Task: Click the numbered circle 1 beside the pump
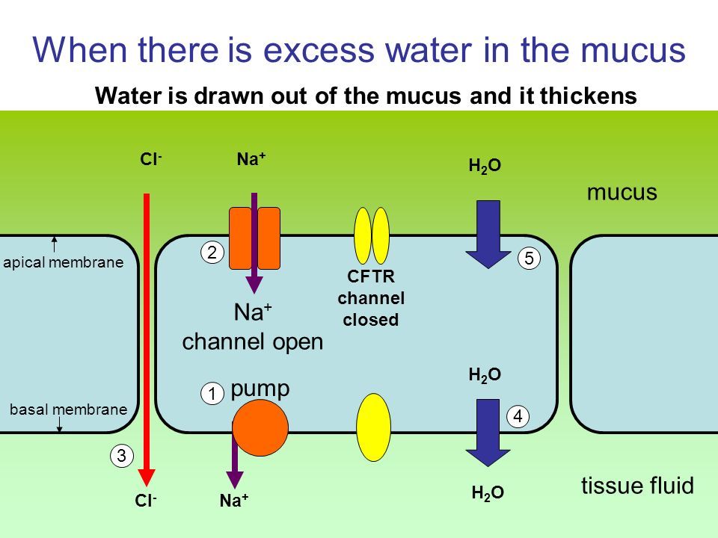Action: [212, 393]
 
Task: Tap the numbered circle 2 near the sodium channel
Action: [212, 253]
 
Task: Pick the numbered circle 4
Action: [518, 417]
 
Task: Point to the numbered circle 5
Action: [528, 259]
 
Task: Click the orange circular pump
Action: [260, 427]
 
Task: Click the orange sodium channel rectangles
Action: [254, 238]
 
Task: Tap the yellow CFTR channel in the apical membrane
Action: [372, 235]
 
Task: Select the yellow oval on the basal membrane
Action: [374, 427]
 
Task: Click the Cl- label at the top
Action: [150, 159]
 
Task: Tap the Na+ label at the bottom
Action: [233, 502]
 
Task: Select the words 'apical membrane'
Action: [63, 263]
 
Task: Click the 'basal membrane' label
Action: [68, 409]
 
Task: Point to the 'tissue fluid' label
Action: [638, 486]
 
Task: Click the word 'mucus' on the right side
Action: [622, 193]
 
